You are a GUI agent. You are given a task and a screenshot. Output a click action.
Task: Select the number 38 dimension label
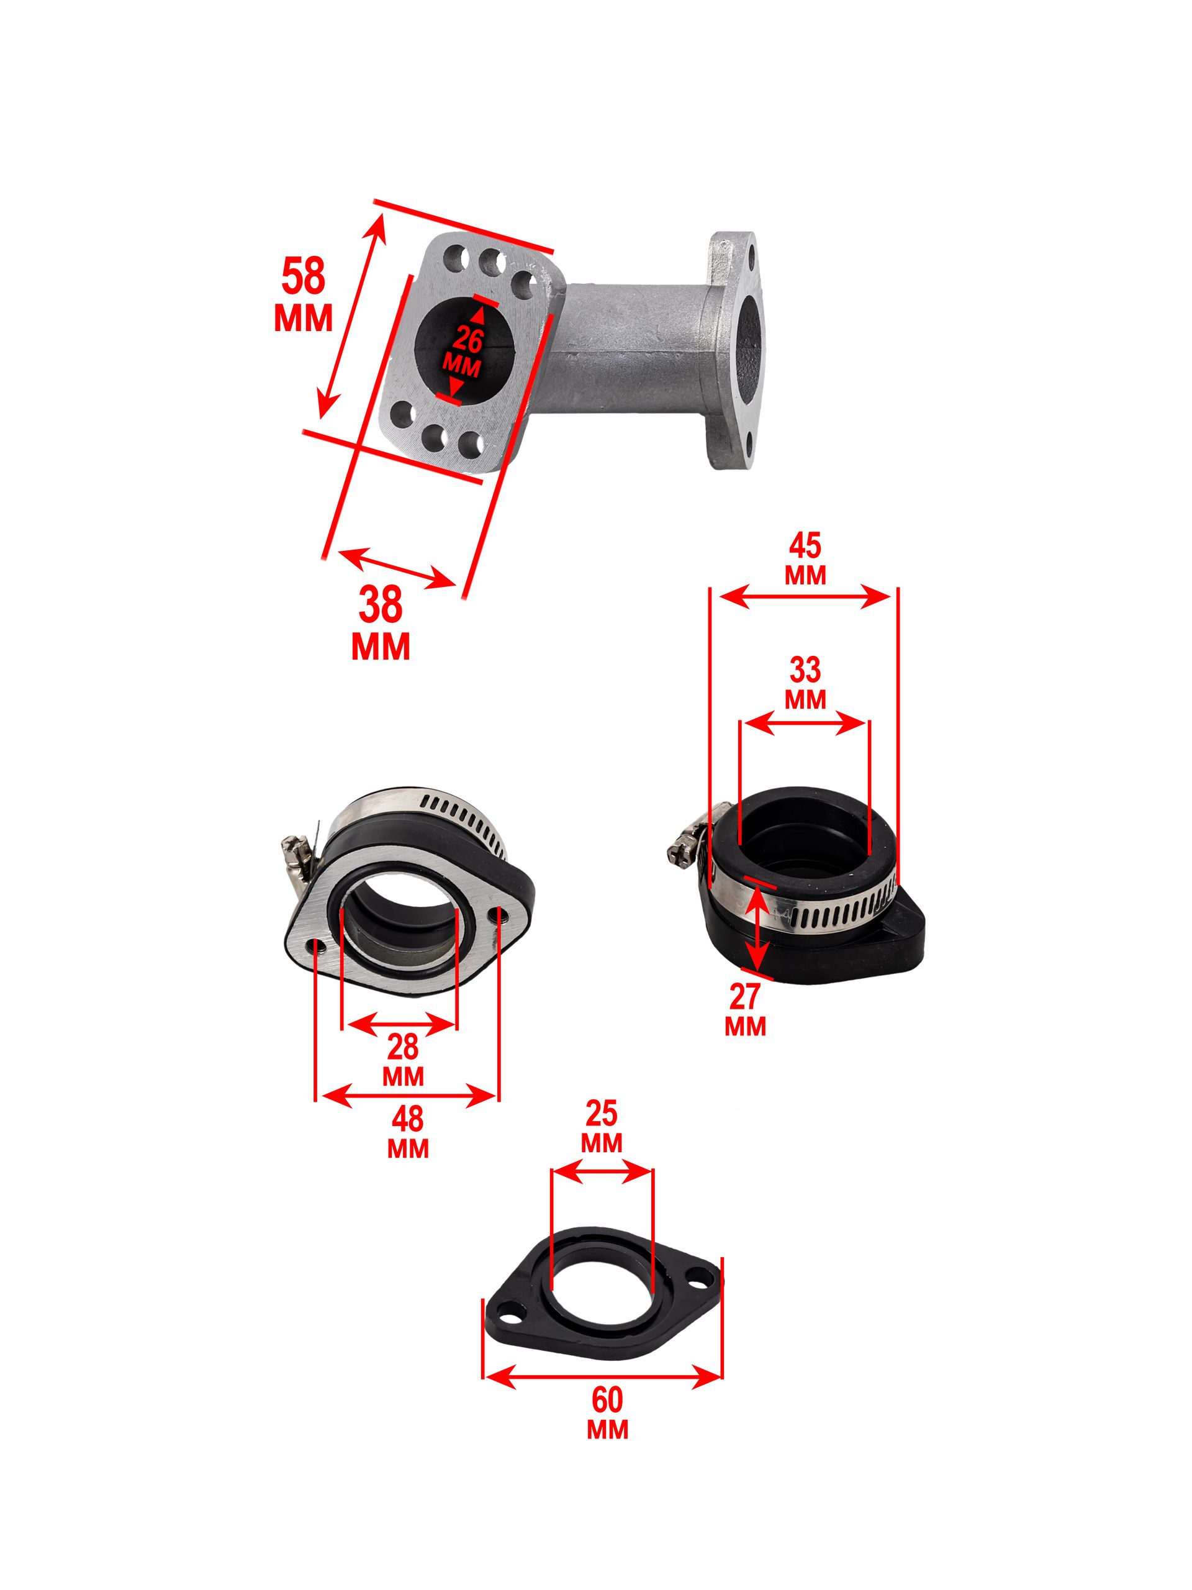(x=381, y=604)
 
